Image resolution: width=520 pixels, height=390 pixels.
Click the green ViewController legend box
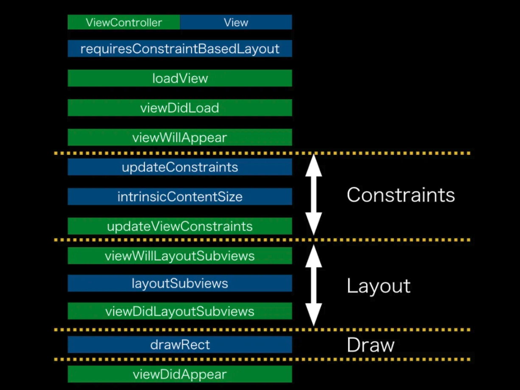[x=123, y=22]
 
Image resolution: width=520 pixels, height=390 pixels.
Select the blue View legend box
[x=236, y=22]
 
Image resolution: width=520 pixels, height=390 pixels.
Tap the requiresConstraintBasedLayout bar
[x=180, y=49]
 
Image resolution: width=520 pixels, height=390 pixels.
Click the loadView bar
[x=180, y=78]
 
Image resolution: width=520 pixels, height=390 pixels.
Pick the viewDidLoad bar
[x=180, y=108]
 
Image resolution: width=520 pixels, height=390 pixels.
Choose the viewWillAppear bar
[x=180, y=137]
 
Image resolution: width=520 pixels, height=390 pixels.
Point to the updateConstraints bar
[x=180, y=167]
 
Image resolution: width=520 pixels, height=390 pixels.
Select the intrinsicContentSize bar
[x=180, y=197]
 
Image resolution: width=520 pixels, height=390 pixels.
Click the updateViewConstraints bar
[x=180, y=226]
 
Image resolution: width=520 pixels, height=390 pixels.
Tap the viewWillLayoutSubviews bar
[x=180, y=256]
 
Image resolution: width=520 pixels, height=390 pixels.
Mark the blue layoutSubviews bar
[x=180, y=283]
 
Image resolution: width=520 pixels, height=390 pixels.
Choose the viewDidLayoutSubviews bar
[x=180, y=311]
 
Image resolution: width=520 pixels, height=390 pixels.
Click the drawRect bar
[x=180, y=345]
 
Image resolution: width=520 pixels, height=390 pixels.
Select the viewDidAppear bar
[x=180, y=374]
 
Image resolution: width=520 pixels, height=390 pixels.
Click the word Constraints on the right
[x=400, y=195]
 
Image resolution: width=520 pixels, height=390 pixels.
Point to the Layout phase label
[x=378, y=286]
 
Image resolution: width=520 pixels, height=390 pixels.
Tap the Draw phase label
[x=370, y=345]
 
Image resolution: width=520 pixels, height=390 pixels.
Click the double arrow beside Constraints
[x=313, y=195]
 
